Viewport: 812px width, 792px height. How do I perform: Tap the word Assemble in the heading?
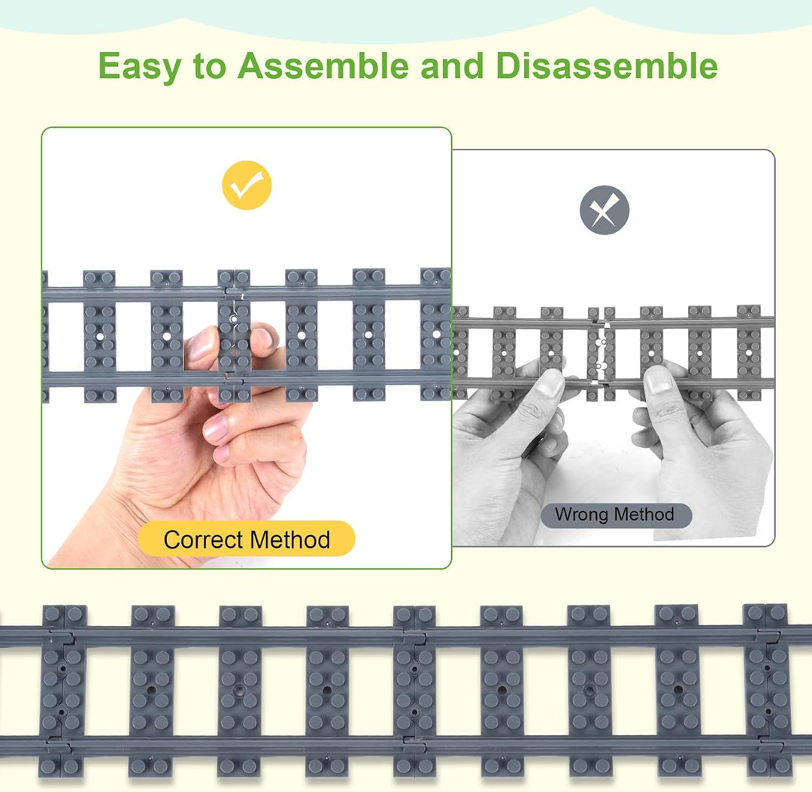(x=323, y=65)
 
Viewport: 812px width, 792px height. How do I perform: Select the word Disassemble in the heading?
(x=607, y=65)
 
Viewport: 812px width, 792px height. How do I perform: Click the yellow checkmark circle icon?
(x=247, y=186)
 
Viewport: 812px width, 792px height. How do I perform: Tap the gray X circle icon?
(x=604, y=210)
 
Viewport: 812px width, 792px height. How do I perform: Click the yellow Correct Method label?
(x=247, y=539)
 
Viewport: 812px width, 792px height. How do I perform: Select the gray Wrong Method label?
(x=616, y=515)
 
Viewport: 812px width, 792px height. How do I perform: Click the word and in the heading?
(x=452, y=65)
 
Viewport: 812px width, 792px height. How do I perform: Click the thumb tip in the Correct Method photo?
(x=199, y=342)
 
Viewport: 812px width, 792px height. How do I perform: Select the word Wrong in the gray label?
(x=583, y=515)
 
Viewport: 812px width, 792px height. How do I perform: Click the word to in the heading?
(x=210, y=67)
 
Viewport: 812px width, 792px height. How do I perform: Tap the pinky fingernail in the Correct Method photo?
(x=221, y=454)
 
